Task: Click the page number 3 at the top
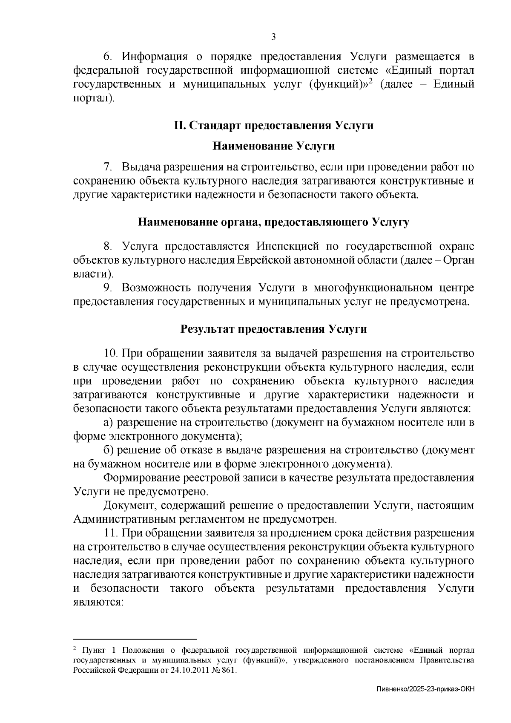point(273,37)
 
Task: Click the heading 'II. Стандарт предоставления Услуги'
point(273,126)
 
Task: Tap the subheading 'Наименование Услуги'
point(273,146)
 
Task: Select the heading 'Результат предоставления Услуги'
point(273,329)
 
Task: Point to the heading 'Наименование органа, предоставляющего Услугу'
point(273,222)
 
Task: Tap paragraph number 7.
point(108,167)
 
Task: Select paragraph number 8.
point(108,246)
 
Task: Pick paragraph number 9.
point(108,288)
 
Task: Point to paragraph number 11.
point(110,533)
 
